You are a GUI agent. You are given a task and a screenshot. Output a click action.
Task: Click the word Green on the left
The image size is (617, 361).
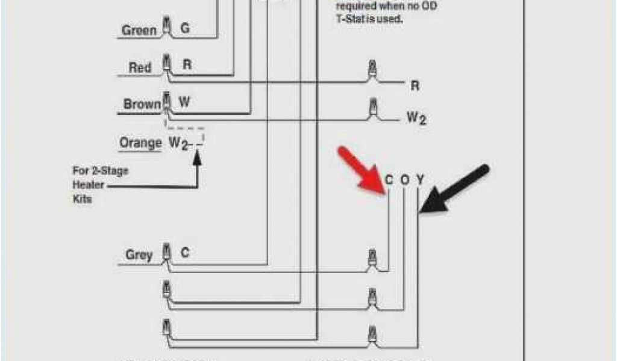(139, 30)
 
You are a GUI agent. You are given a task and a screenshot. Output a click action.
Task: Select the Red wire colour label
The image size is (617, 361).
(140, 67)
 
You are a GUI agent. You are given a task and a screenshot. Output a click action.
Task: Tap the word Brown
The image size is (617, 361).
(142, 104)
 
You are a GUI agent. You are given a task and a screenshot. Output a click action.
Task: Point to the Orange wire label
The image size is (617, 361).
(140, 143)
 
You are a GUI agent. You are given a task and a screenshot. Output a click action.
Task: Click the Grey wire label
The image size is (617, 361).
(139, 255)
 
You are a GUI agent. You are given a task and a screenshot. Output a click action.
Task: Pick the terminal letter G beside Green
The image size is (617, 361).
(185, 28)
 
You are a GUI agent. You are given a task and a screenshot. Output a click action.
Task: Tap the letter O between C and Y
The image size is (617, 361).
(405, 179)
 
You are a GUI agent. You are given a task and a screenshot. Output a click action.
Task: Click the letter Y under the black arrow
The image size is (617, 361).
(420, 179)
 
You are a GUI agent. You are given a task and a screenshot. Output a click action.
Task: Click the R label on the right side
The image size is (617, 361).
(415, 86)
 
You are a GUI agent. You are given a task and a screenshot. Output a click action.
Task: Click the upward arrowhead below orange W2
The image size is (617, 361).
(196, 159)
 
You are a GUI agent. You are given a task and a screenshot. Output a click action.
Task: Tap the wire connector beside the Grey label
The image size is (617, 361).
(166, 253)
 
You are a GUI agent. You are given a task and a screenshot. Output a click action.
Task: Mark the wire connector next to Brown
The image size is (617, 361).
(166, 101)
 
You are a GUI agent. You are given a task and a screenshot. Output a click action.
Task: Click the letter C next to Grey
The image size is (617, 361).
(185, 253)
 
